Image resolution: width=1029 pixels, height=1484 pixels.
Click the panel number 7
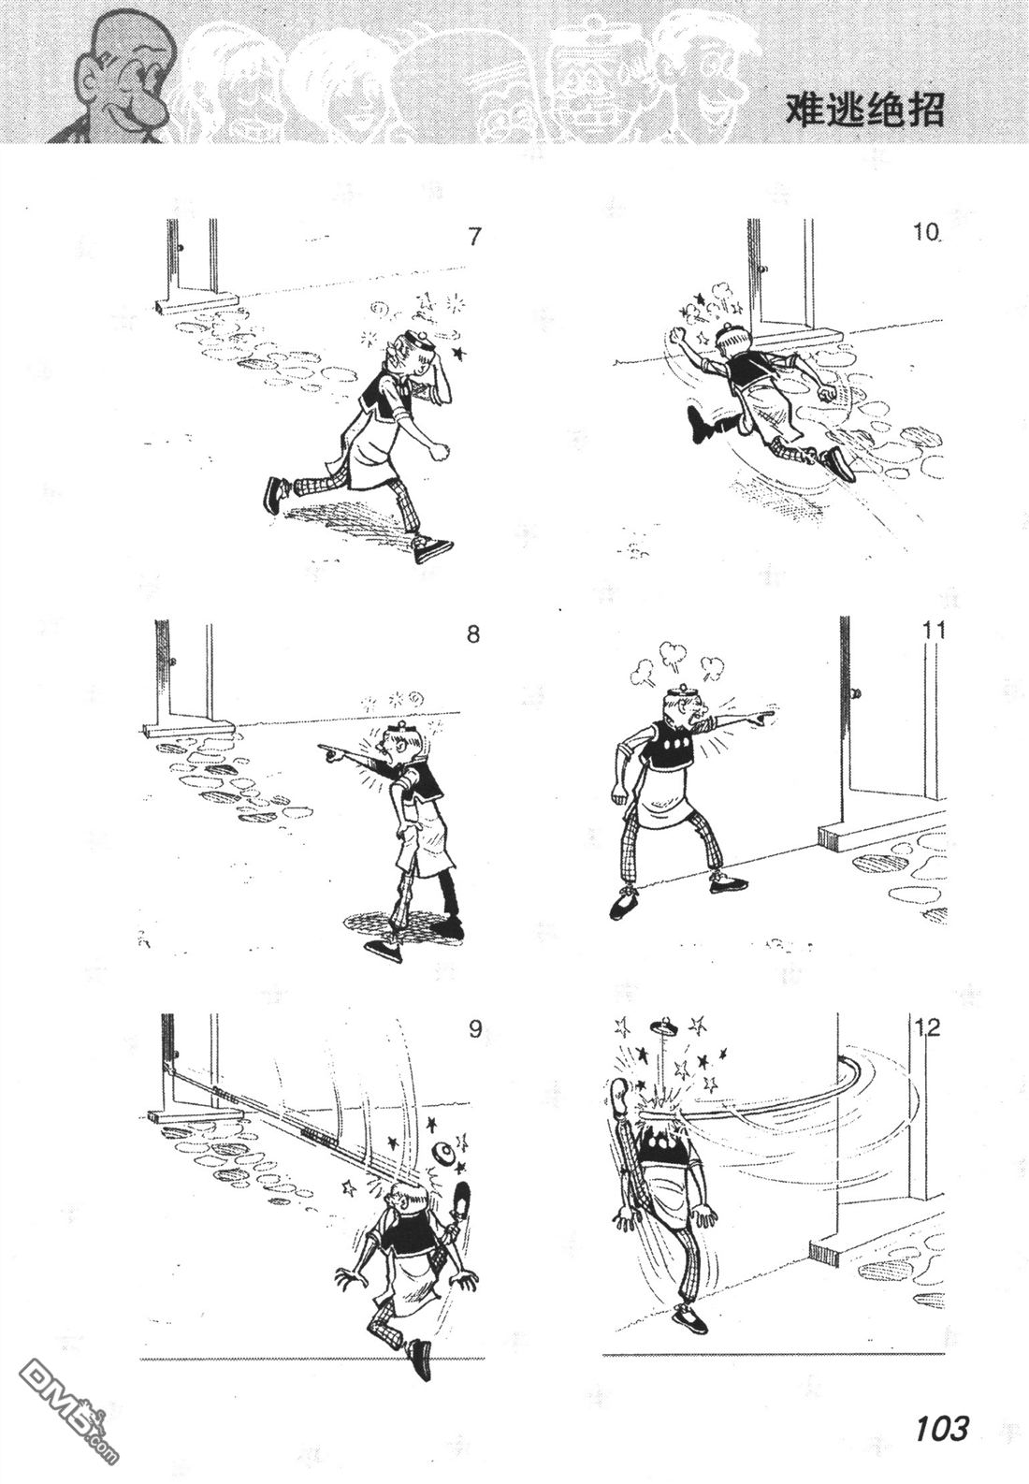(473, 237)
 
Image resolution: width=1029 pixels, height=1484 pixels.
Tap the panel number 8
(472, 634)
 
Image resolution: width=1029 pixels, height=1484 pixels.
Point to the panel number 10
(927, 233)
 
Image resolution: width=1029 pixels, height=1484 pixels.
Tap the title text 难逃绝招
(864, 110)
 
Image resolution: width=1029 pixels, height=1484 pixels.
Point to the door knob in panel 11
(857, 692)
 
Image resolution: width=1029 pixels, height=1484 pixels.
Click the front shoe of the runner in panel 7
(433, 548)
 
